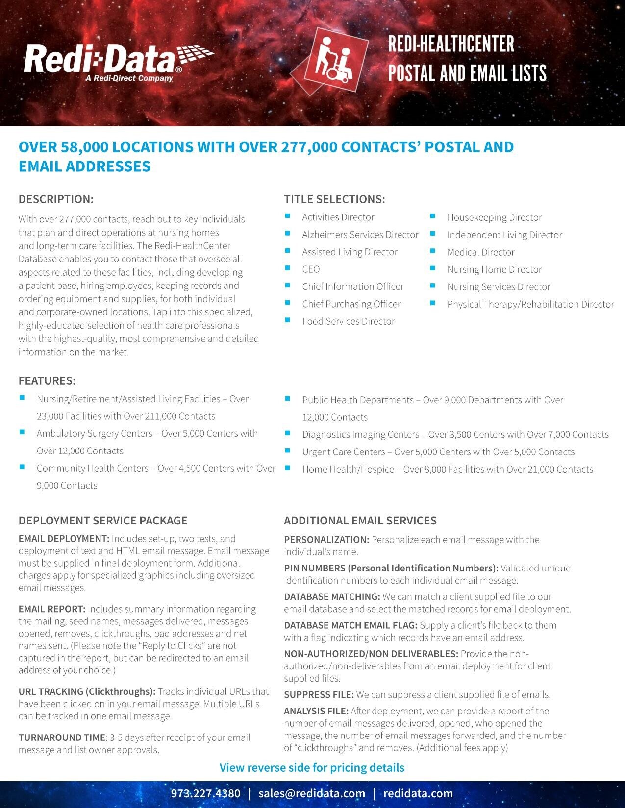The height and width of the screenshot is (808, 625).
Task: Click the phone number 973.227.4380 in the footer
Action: (x=205, y=793)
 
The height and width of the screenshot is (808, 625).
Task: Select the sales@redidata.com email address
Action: (x=312, y=793)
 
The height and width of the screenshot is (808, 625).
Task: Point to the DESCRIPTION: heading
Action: (x=56, y=199)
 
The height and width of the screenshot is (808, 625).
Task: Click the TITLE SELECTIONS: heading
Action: (x=334, y=199)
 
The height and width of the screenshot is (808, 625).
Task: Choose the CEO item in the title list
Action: (x=311, y=269)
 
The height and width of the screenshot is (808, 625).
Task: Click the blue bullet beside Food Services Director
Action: (x=288, y=320)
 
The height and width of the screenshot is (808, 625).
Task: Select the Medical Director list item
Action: (x=480, y=252)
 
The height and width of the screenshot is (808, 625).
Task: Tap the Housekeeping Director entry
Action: (x=494, y=217)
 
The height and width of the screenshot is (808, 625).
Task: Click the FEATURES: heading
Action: (x=47, y=380)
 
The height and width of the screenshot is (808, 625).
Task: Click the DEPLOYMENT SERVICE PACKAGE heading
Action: (x=103, y=521)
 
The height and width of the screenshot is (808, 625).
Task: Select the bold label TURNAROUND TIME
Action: (x=62, y=737)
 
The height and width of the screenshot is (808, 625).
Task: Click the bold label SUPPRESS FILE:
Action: (x=319, y=694)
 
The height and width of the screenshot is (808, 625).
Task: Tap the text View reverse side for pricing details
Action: (x=312, y=767)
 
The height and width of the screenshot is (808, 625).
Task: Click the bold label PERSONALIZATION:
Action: (x=326, y=540)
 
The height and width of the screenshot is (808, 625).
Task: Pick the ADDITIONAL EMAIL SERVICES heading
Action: (x=360, y=521)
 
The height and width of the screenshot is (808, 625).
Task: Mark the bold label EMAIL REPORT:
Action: (x=52, y=609)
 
